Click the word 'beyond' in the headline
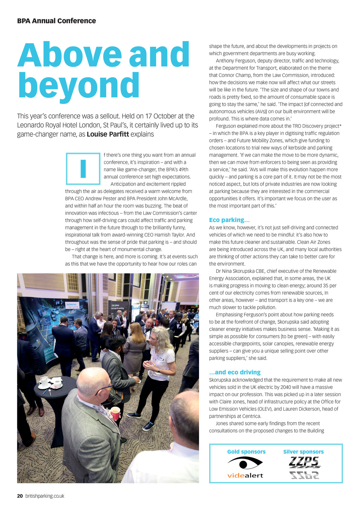coord(79,86)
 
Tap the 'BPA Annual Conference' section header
coord(56,21)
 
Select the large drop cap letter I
coord(83,169)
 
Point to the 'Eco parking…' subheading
coord(229,220)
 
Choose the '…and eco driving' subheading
coord(234,372)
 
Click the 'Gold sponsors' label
coord(246,452)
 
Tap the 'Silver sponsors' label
coord(303,452)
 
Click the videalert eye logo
coord(245,463)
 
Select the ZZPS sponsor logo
coord(304,467)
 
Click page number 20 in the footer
coord(20,496)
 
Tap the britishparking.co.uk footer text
coord(45,496)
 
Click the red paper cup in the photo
coord(115,413)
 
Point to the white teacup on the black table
coord(44,381)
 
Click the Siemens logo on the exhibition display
coord(73,305)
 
